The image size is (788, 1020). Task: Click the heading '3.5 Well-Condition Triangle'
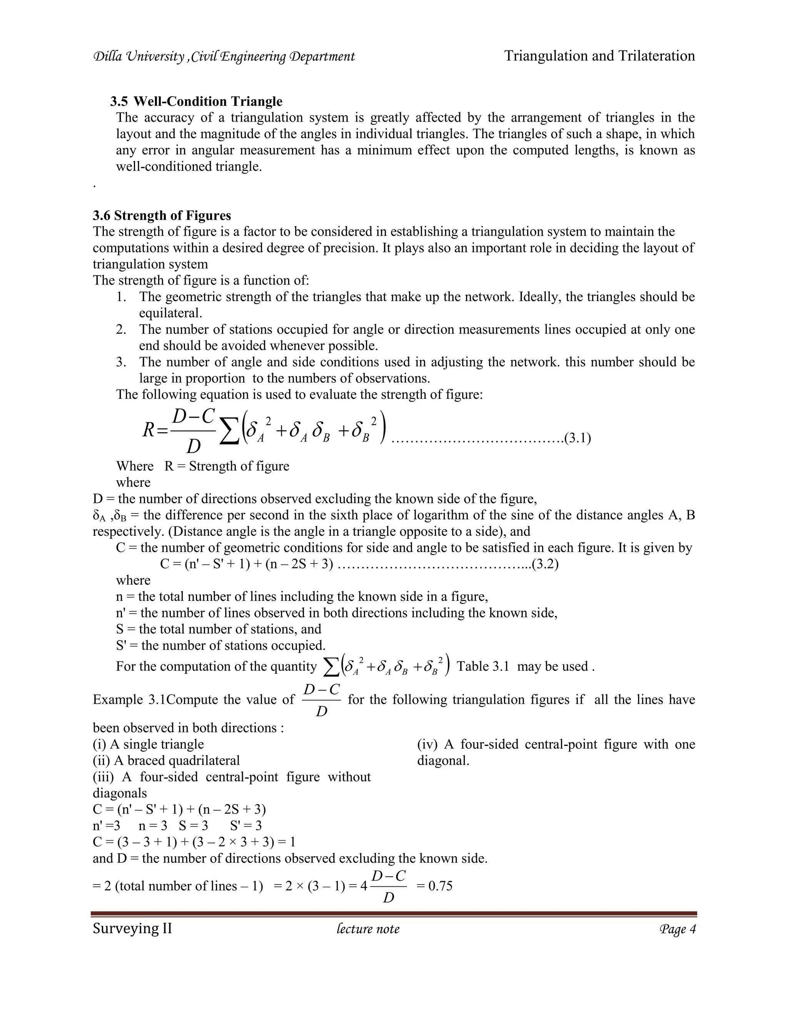pos(196,101)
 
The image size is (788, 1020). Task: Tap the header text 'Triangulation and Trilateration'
pos(599,56)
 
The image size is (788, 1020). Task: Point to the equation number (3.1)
pos(578,438)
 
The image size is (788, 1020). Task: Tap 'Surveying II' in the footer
pos(132,928)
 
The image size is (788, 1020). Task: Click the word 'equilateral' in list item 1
pos(170,313)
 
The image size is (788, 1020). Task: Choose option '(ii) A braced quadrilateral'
pos(166,760)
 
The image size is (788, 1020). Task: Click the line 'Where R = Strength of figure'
pos(203,466)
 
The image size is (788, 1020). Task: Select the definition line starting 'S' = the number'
pos(220,645)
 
